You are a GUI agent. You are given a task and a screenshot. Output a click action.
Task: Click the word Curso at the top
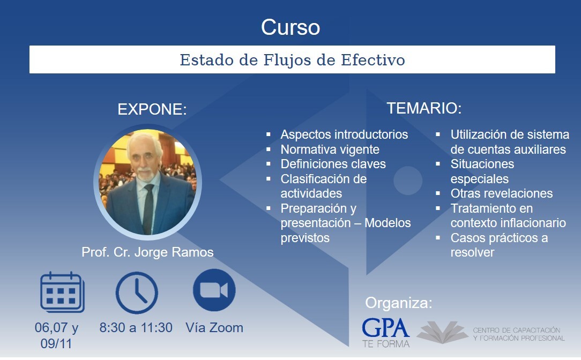(290, 27)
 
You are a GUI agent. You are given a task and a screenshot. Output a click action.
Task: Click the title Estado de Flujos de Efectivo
(292, 60)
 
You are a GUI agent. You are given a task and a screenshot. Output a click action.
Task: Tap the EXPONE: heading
(152, 109)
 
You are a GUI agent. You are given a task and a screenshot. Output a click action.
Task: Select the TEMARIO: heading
(424, 108)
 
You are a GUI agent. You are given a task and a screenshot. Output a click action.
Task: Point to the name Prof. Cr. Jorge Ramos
(147, 252)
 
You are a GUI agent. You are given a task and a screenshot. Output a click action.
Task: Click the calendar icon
(62, 292)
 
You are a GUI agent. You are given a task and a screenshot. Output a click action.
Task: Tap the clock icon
(137, 292)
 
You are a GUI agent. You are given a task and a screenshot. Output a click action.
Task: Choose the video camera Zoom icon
(214, 290)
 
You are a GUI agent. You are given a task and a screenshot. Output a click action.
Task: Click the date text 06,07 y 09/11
(56, 335)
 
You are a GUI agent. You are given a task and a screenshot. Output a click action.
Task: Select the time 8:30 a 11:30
(136, 328)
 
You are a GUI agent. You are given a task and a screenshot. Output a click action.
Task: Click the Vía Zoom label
(214, 328)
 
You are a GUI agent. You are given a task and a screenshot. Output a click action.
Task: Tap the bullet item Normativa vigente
(330, 149)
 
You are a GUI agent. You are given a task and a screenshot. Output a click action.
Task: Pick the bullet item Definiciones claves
(333, 164)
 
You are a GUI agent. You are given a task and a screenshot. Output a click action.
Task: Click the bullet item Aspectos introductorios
(344, 134)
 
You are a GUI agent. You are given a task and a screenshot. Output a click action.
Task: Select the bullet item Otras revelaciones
(502, 193)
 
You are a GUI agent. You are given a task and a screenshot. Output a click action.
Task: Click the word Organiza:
(399, 303)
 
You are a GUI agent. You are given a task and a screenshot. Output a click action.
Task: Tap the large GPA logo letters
(385, 328)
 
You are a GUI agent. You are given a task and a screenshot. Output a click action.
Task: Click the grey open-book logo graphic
(442, 332)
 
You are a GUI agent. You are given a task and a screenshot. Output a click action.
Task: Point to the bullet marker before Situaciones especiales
(437, 164)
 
